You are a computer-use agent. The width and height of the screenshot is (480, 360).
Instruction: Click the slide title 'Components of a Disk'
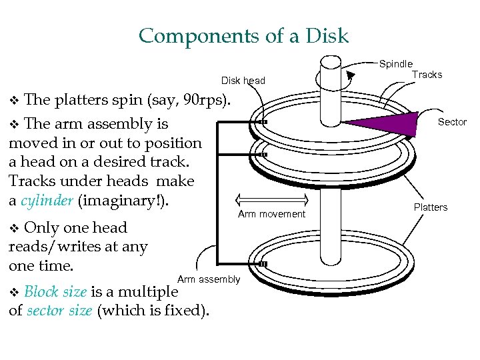[x=243, y=35]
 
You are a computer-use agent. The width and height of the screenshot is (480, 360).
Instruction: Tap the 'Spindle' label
[x=396, y=64]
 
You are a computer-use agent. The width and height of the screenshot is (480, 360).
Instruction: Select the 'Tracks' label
[x=427, y=75]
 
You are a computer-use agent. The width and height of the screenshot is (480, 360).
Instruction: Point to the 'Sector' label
[x=452, y=122]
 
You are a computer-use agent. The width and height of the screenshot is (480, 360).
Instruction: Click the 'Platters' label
[x=431, y=207]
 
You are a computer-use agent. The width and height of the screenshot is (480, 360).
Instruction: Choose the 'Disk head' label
[x=243, y=81]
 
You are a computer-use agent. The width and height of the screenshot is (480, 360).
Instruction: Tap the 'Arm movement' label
[x=271, y=214]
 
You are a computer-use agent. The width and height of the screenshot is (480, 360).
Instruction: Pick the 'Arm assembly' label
[x=209, y=279]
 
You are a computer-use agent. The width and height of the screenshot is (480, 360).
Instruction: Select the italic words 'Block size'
[x=55, y=292]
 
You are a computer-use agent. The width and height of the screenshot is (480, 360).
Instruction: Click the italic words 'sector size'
[x=59, y=311]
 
